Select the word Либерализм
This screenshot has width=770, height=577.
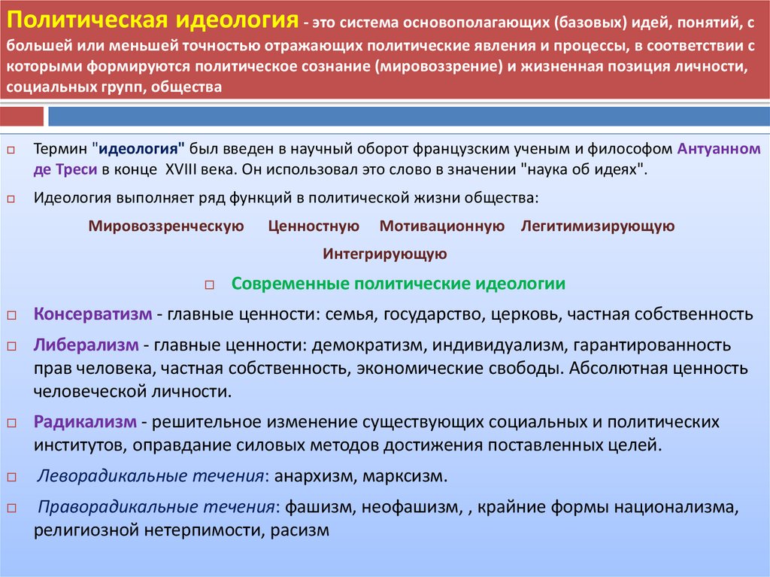click(x=85, y=345)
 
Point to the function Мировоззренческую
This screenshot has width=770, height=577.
click(x=166, y=226)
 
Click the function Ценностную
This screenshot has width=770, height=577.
click(x=314, y=226)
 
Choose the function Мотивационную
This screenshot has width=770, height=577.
click(x=441, y=226)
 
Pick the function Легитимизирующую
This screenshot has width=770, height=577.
click(x=597, y=226)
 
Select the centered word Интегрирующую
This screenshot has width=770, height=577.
click(x=385, y=254)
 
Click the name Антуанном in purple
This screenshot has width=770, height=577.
click(x=718, y=148)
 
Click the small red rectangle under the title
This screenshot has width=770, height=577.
click(x=23, y=117)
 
